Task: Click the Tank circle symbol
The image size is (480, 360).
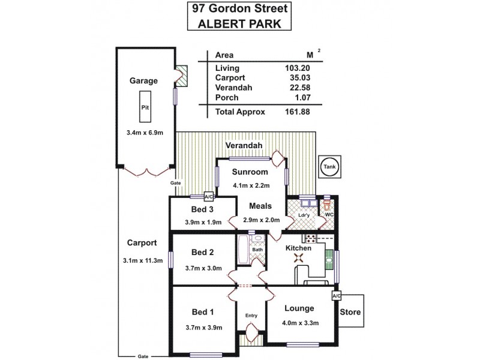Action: pyautogui.click(x=329, y=167)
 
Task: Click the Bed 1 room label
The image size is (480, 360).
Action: pyautogui.click(x=202, y=312)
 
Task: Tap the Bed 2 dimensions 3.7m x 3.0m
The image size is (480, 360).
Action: pyautogui.click(x=203, y=268)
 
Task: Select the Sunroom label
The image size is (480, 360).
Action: pyautogui.click(x=250, y=172)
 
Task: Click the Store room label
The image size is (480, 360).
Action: pyautogui.click(x=350, y=312)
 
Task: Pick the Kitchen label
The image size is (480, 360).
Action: pyautogui.click(x=298, y=248)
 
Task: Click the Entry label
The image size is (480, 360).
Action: pyautogui.click(x=251, y=316)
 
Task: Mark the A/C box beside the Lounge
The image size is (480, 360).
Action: pyautogui.click(x=336, y=296)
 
